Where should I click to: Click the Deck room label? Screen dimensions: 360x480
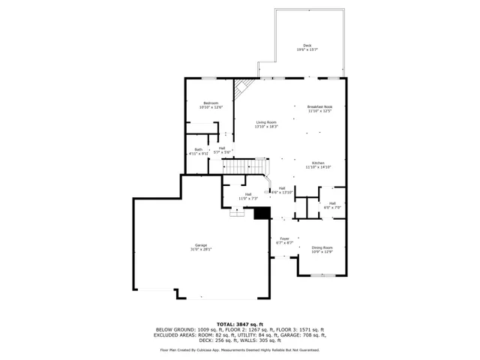(307, 46)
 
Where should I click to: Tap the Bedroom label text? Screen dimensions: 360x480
(211, 103)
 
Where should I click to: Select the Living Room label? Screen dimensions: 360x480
(266, 122)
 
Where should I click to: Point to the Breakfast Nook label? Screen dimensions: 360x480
(319, 107)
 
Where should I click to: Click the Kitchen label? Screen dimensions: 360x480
(318, 163)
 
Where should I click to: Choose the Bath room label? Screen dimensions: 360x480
(198, 149)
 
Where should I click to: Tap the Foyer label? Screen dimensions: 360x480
(285, 238)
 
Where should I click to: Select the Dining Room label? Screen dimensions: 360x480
(322, 247)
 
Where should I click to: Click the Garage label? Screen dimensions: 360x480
(201, 245)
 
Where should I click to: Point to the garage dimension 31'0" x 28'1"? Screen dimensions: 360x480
(201, 249)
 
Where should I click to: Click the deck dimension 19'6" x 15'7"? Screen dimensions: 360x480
(307, 50)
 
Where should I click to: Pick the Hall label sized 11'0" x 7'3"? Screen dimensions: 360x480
(247, 195)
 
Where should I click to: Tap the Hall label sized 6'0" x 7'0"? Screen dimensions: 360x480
(331, 203)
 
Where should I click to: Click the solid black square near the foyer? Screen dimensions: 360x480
(261, 214)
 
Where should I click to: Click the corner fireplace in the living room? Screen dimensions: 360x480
(241, 91)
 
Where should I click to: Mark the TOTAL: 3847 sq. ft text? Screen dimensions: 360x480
(240, 323)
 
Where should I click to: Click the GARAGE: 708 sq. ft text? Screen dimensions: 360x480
(310, 334)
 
